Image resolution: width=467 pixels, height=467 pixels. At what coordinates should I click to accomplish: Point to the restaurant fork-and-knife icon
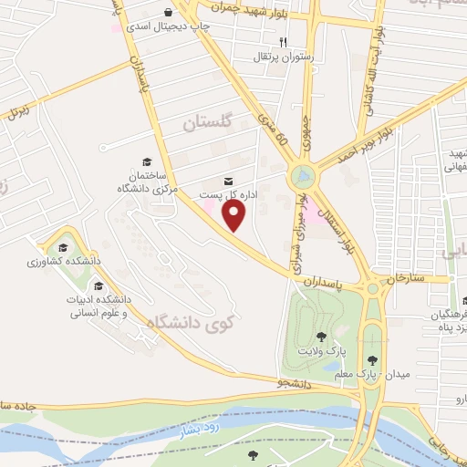click(283, 42)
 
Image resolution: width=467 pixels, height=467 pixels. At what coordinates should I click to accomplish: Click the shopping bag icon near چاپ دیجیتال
click(171, 12)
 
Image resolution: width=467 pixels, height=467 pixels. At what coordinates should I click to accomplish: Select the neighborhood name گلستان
click(208, 121)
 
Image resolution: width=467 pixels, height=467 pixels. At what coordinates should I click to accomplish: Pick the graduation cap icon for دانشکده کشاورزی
click(63, 247)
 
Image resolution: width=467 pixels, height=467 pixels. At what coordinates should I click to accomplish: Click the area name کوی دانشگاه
click(196, 321)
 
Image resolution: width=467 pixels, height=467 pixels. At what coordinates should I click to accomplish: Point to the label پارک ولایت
click(316, 351)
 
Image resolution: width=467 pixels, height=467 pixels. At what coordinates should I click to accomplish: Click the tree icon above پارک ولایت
click(320, 336)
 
